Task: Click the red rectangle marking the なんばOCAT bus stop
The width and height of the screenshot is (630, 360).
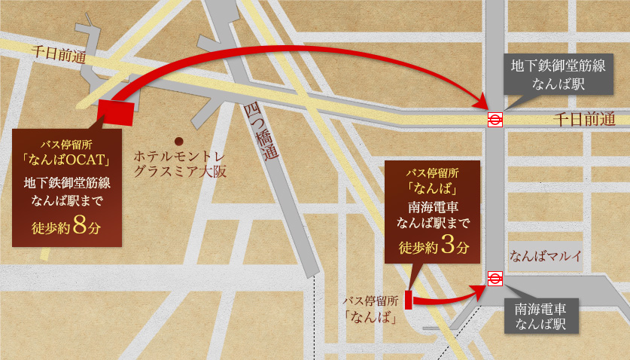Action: coord(116,110)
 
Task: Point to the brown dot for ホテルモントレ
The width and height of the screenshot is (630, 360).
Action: coord(178,141)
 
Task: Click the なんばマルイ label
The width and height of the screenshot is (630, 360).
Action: coord(546,256)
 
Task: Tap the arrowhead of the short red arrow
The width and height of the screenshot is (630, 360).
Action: coord(478,288)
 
